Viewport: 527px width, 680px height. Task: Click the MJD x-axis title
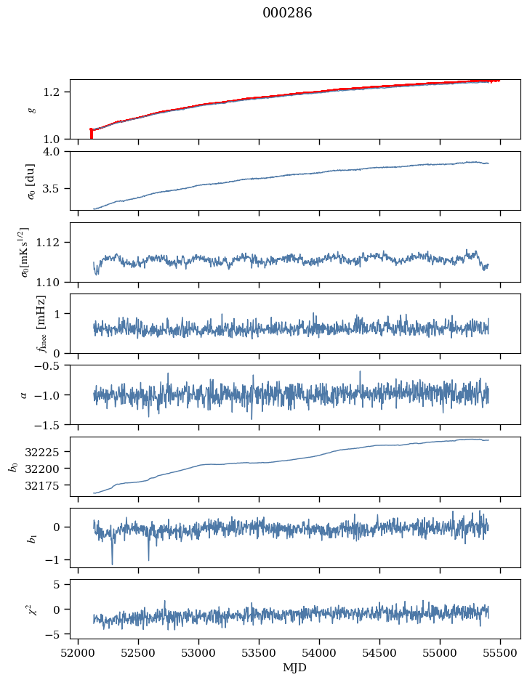(295, 667)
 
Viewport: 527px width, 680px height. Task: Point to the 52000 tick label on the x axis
(79, 652)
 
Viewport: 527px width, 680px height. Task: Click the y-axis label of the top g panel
(31, 110)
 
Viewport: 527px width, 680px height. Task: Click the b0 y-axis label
(12, 466)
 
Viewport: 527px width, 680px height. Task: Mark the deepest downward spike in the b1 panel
(112, 563)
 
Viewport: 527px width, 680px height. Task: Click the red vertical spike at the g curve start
(91, 134)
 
